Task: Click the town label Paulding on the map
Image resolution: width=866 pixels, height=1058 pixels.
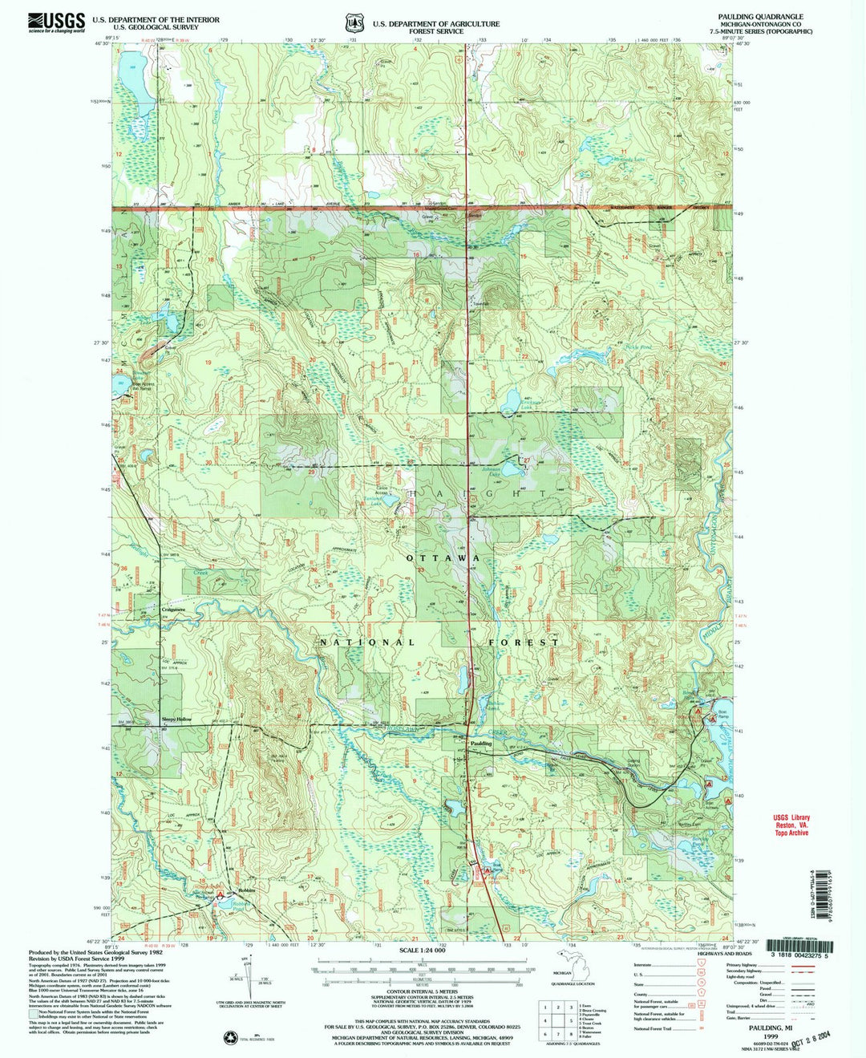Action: (481, 744)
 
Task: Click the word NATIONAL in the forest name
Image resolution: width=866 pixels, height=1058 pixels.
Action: (367, 643)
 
